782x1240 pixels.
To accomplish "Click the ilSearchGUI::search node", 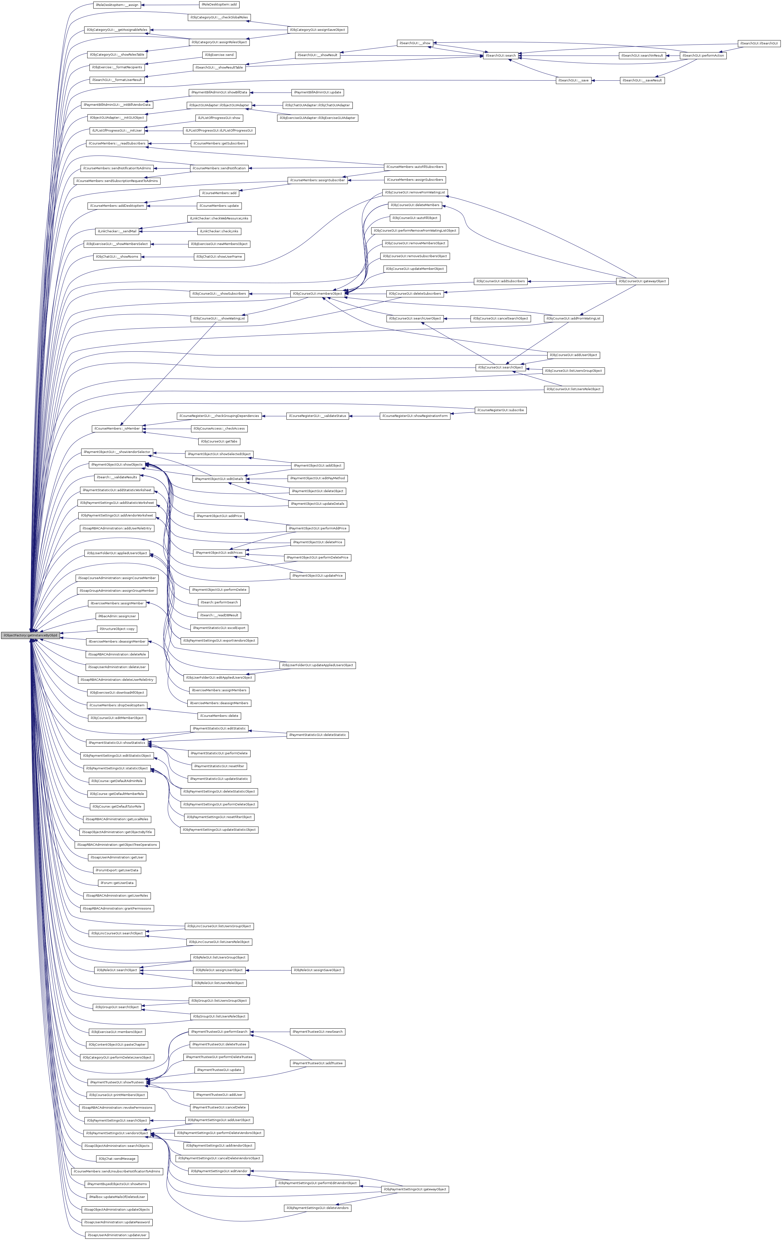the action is tap(500, 56).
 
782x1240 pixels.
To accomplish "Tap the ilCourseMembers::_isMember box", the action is tap(116, 428).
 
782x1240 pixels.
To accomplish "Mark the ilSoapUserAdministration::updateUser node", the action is tap(116, 1235).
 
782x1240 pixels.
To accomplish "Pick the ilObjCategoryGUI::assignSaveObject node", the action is tap(317, 30).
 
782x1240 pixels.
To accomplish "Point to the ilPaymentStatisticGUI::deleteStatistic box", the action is tap(318, 735).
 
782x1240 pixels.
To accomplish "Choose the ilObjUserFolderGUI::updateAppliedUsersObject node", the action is tap(318, 665).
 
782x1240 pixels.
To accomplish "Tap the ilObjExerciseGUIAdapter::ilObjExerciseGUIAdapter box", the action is tap(317, 118).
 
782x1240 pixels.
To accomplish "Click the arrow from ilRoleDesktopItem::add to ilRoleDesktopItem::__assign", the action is tap(170, 5).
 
